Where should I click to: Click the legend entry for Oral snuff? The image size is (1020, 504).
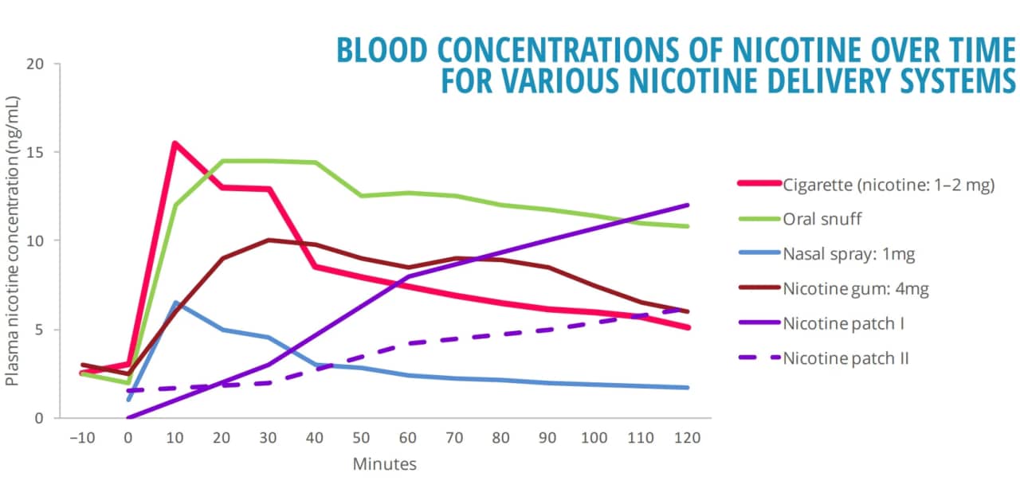click(x=822, y=219)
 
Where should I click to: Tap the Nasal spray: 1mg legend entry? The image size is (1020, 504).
click(x=849, y=254)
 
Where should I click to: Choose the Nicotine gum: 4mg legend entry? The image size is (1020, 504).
click(x=856, y=289)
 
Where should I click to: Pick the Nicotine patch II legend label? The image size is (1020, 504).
click(x=845, y=358)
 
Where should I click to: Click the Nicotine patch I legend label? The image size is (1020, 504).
click(x=843, y=323)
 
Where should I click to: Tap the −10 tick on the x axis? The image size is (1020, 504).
click(x=81, y=437)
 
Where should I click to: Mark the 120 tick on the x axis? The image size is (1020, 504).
click(x=687, y=437)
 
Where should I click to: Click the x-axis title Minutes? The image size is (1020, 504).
click(x=384, y=464)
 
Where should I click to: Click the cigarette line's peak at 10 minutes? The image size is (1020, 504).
click(x=175, y=143)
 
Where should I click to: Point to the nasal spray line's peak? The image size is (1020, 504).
click(x=175, y=303)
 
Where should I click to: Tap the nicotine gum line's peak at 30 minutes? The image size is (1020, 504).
click(x=268, y=240)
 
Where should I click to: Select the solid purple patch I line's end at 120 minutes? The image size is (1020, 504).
click(x=687, y=205)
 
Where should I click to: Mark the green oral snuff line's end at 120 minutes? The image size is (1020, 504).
click(x=687, y=226)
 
